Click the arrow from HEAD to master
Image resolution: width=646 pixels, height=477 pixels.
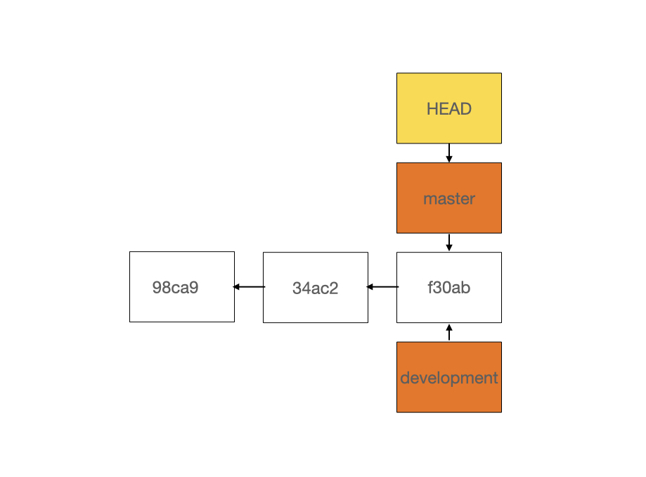(x=448, y=153)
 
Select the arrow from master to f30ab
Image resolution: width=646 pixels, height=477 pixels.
(x=448, y=242)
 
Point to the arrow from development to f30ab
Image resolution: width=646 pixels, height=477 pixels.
(x=448, y=332)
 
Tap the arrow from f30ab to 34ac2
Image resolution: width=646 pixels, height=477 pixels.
(x=382, y=287)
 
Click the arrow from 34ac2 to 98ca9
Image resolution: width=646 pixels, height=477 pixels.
(x=249, y=287)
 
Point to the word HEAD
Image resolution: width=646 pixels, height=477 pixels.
(x=448, y=109)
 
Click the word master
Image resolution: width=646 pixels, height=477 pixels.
(x=448, y=199)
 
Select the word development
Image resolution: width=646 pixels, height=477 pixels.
(x=448, y=378)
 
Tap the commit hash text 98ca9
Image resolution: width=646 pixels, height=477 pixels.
(x=175, y=288)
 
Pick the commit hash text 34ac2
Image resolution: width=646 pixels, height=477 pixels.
(x=315, y=288)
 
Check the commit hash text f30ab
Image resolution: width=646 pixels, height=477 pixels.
(x=448, y=288)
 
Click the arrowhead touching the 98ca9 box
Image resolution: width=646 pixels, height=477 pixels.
(x=238, y=287)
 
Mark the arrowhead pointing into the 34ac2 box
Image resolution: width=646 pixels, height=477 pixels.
(x=371, y=287)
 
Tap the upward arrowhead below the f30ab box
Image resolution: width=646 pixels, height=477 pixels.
(x=448, y=326)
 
